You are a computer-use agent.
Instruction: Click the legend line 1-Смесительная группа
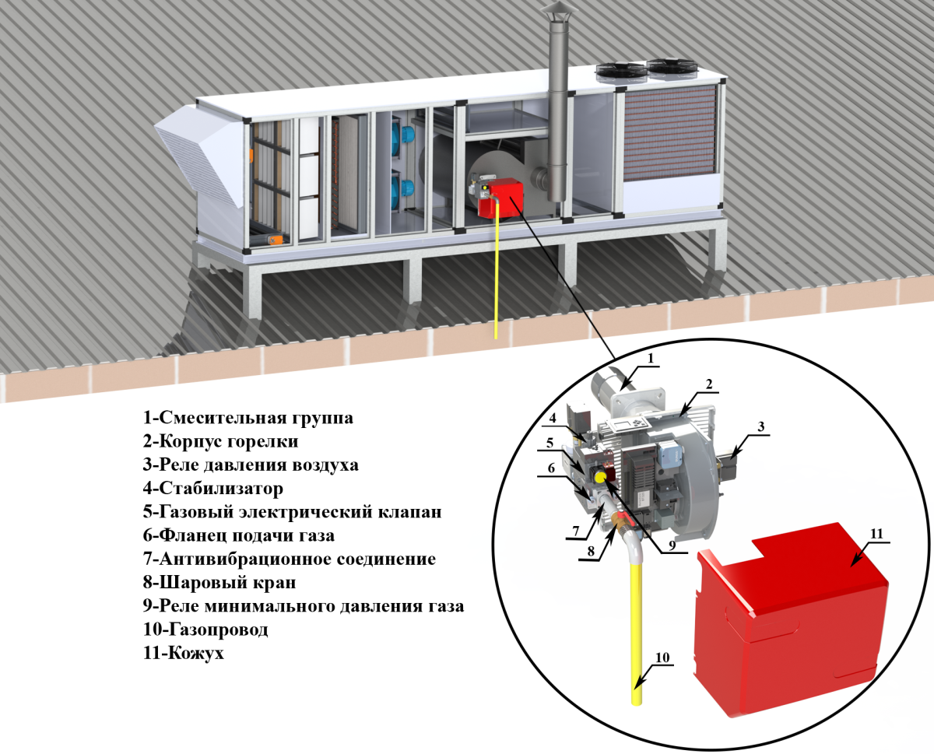pos(248,418)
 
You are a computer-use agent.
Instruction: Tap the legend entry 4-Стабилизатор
pos(212,489)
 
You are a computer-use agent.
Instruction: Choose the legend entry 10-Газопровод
pos(205,629)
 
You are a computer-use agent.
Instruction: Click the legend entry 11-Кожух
pos(183,653)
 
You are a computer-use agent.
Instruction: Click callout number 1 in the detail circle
pos(651,358)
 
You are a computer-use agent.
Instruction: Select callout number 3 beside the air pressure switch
pos(762,426)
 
